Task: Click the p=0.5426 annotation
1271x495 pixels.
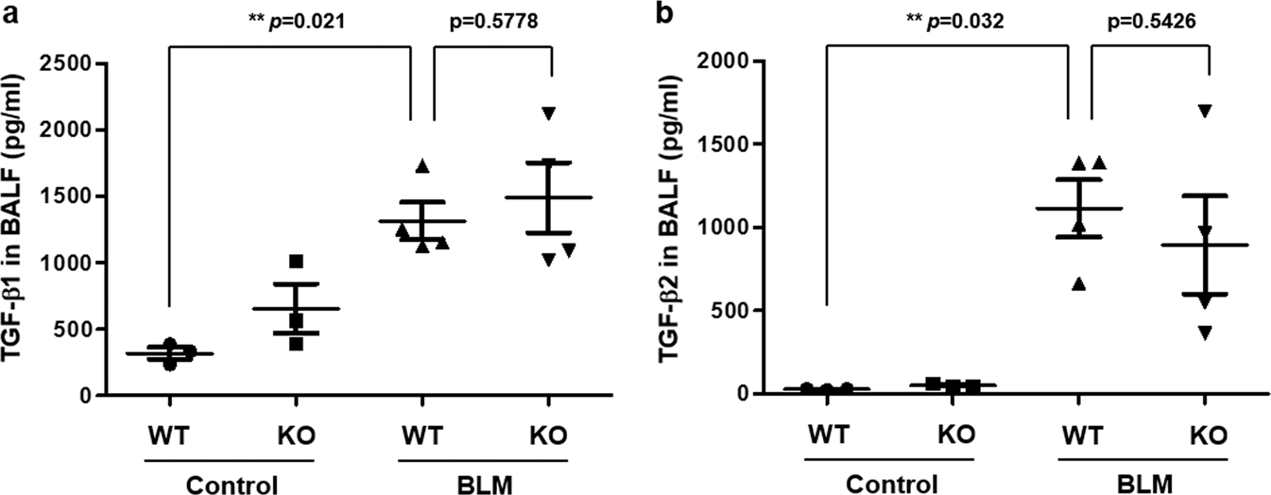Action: tap(1150, 18)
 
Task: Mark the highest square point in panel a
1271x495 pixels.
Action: tap(297, 261)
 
